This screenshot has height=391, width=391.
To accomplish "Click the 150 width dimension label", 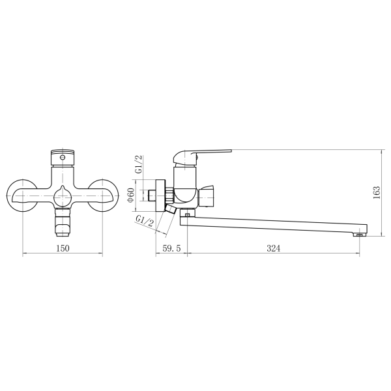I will point(63,248).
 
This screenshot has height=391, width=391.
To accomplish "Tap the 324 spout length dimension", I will point(273,248).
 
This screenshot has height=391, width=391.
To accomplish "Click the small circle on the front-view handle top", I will point(63,156).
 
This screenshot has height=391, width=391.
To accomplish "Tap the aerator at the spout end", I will point(359,234).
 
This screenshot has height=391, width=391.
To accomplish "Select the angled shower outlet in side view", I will point(171,210).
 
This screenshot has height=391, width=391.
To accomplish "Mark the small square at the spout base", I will point(188,214).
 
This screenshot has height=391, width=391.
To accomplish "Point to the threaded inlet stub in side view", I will point(151,195).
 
